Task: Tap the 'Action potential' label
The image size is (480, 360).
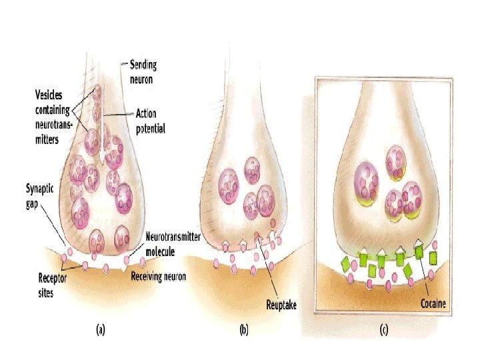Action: [x=150, y=121]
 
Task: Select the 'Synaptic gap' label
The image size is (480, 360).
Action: [x=41, y=193]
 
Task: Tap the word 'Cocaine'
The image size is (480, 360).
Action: [x=433, y=303]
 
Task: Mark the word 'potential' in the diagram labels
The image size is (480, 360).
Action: [x=151, y=127]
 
